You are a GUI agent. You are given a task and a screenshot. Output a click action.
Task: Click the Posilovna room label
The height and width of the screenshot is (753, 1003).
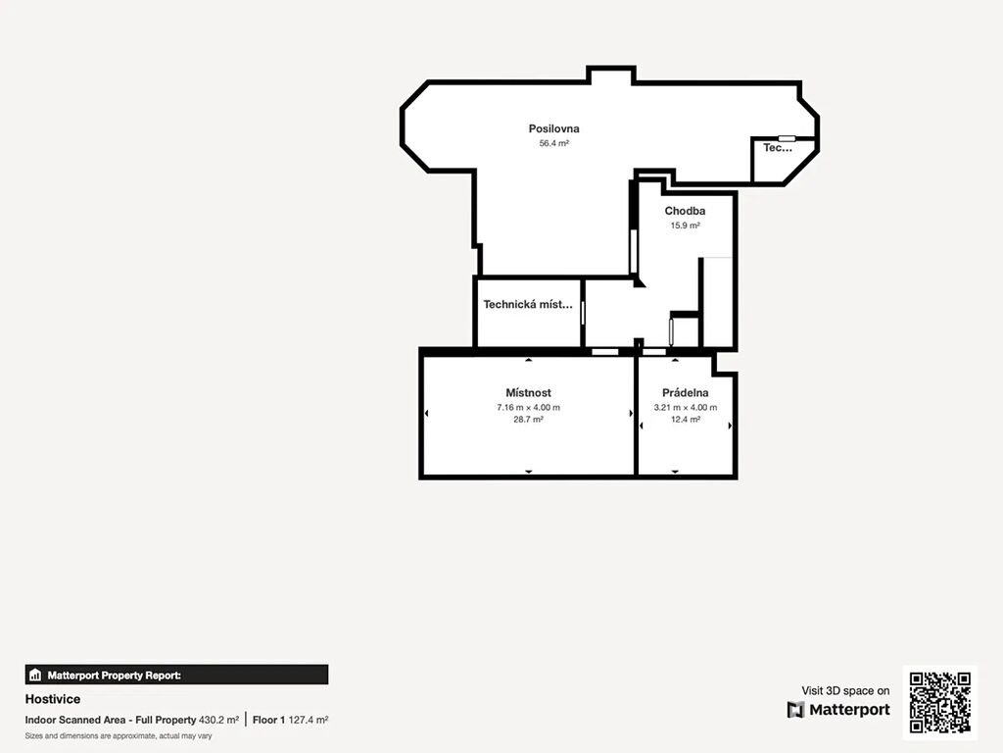[554, 128]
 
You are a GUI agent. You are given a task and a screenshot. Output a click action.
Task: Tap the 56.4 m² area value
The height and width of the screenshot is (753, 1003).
[554, 143]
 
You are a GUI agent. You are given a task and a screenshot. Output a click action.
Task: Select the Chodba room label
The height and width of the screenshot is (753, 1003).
[685, 211]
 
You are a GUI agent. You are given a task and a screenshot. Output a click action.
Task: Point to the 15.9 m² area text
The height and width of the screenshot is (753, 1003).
[685, 226]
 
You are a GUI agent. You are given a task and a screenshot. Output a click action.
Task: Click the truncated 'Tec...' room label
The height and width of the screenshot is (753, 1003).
[778, 148]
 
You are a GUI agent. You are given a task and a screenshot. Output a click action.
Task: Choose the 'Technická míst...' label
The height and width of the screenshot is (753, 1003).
[528, 305]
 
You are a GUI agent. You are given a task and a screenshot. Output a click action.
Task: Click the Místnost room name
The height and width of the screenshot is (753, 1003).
[528, 392]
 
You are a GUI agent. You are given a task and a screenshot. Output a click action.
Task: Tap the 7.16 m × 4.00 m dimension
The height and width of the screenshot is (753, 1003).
[528, 407]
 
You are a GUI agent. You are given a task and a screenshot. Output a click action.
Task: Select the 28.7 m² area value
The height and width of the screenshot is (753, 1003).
[528, 420]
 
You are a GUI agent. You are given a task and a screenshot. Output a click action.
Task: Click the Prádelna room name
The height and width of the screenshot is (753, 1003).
[685, 392]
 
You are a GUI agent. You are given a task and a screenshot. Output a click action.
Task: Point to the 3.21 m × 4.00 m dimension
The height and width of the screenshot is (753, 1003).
[685, 407]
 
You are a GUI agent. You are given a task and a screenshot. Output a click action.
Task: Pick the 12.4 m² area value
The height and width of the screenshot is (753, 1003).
[685, 420]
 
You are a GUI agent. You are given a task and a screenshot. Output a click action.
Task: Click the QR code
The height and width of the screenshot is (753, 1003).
[940, 702]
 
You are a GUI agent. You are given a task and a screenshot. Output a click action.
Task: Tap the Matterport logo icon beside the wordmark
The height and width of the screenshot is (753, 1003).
[795, 710]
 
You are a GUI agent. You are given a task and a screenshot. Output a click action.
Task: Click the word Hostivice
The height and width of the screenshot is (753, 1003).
[53, 699]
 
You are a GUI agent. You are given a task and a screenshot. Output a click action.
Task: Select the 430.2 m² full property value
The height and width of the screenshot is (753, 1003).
[218, 720]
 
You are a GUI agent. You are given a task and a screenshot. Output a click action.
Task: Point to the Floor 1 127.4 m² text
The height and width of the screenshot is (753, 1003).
[290, 720]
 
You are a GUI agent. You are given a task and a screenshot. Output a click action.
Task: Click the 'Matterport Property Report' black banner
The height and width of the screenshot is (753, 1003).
[176, 675]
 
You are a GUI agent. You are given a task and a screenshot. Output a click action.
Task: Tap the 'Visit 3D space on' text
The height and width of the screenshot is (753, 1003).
[845, 690]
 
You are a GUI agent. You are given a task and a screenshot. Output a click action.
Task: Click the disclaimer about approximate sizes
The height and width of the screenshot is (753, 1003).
[119, 736]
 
